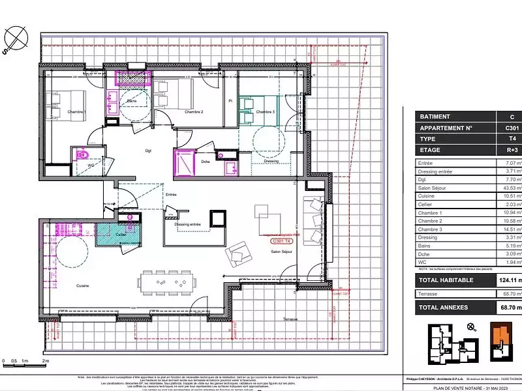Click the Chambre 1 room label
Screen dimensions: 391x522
click(77, 111)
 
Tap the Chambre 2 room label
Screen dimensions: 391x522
click(194, 112)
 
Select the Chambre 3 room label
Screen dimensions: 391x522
click(265, 112)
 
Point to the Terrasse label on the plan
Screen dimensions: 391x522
click(290, 319)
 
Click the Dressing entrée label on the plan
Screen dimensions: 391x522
click(188, 242)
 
